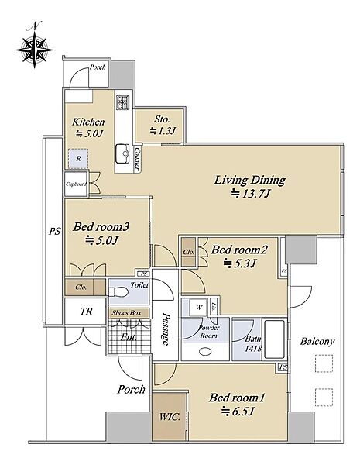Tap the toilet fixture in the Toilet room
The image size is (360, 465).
[x=118, y=292]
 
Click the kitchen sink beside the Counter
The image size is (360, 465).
[x=122, y=153]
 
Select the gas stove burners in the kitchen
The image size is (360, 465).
[x=122, y=102]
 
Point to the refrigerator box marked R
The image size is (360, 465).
[x=78, y=159]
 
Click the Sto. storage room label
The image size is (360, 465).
[x=162, y=119]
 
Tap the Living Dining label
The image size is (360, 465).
[x=249, y=181]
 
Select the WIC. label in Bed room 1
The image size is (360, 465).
[x=170, y=417]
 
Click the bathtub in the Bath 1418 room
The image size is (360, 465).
[x=275, y=339]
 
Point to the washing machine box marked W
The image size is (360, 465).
[x=199, y=308]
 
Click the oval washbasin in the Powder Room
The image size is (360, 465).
[x=205, y=352]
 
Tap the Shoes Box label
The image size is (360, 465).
[x=126, y=313]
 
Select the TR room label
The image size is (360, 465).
[x=86, y=311]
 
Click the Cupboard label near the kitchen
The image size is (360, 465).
[x=76, y=184]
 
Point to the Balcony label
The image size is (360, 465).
[x=317, y=342]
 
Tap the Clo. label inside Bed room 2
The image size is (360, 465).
[x=188, y=252]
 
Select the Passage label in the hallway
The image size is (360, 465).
[x=166, y=329]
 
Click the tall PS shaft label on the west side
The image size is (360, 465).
[x=54, y=231]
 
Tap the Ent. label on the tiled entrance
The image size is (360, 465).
[x=129, y=337]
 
